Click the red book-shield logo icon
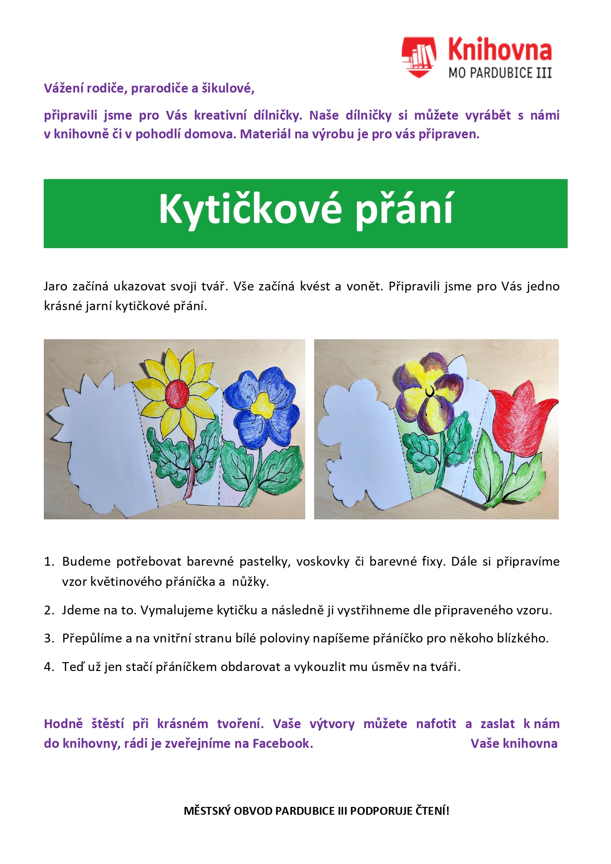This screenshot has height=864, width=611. (x=418, y=57)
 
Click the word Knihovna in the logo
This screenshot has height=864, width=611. (x=500, y=50)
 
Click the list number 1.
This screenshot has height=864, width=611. (x=48, y=562)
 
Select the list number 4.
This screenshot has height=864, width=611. (x=48, y=667)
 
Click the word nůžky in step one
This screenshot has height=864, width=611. (x=251, y=582)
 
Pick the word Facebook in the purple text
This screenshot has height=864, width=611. (x=283, y=743)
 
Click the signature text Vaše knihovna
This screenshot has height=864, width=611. (x=514, y=743)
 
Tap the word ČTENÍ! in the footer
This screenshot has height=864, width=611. (x=432, y=811)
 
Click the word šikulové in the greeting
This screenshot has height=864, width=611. (x=227, y=89)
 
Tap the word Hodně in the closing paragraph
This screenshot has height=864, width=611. (x=63, y=724)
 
